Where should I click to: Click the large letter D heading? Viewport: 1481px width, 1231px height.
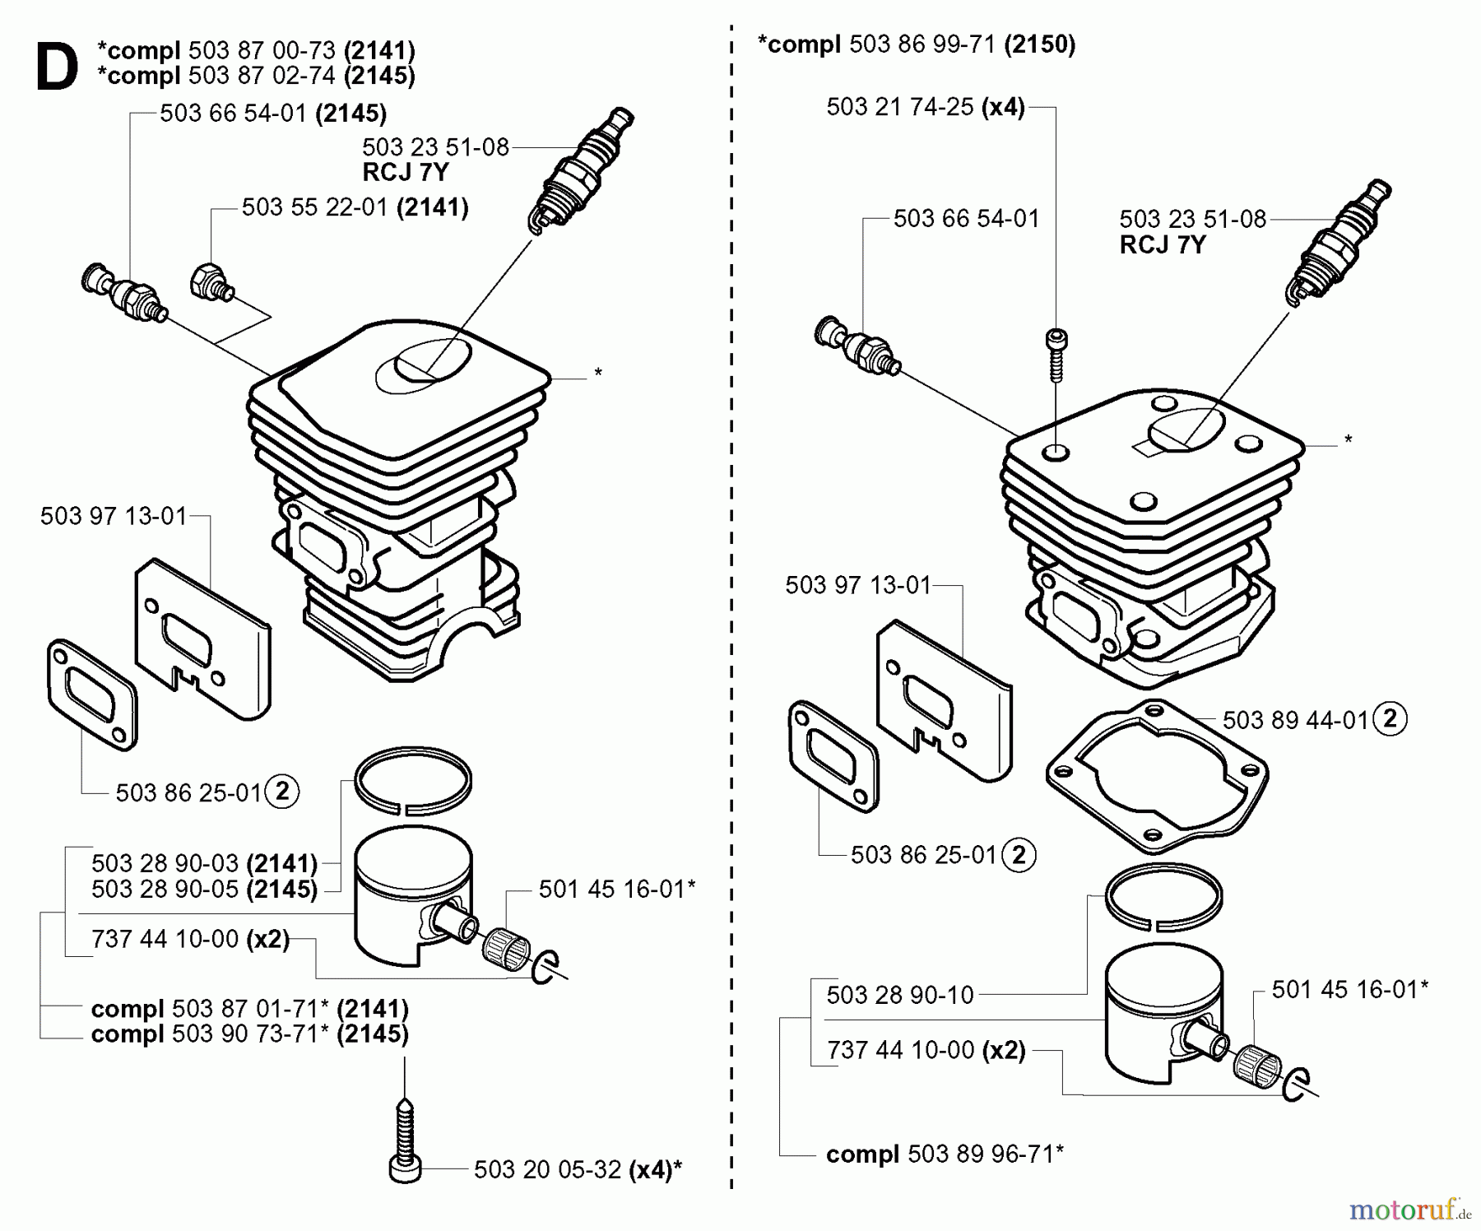pyautogui.click(x=56, y=67)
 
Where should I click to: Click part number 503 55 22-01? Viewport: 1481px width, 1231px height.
pyautogui.click(x=314, y=207)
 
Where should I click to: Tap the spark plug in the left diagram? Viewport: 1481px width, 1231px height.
pyautogui.click(x=580, y=169)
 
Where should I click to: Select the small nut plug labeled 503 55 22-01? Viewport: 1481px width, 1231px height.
pyautogui.click(x=211, y=281)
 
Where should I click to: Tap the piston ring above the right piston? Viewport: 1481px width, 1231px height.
pyautogui.click(x=1163, y=897)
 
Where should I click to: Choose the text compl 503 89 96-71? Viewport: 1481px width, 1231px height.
pyautogui.click(x=945, y=1154)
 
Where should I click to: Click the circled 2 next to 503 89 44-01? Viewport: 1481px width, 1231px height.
pyautogui.click(x=1390, y=719)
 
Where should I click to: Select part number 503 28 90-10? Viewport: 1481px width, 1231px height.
pyautogui.click(x=900, y=995)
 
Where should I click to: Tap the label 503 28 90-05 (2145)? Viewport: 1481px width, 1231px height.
pyautogui.click(x=204, y=890)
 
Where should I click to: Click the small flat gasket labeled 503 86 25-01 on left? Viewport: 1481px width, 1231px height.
pyautogui.click(x=92, y=694)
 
